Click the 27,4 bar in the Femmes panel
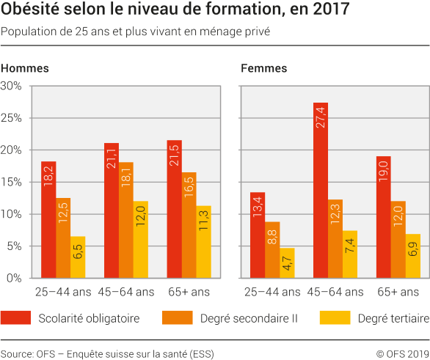pyautogui.click(x=320, y=191)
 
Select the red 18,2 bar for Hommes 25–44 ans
pyautogui.click(x=48, y=220)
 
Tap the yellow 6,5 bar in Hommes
pyautogui.click(x=78, y=257)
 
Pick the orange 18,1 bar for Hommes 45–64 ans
pyautogui.click(x=126, y=220)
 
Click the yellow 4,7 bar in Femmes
pyautogui.click(x=286, y=263)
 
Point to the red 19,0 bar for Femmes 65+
pyautogui.click(x=383, y=218)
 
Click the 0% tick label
pyautogui.click(x=14, y=278)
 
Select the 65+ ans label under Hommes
pyautogui.click(x=189, y=292)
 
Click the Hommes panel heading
pyautogui.click(x=25, y=68)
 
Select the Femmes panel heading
pyautogui.click(x=263, y=68)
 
